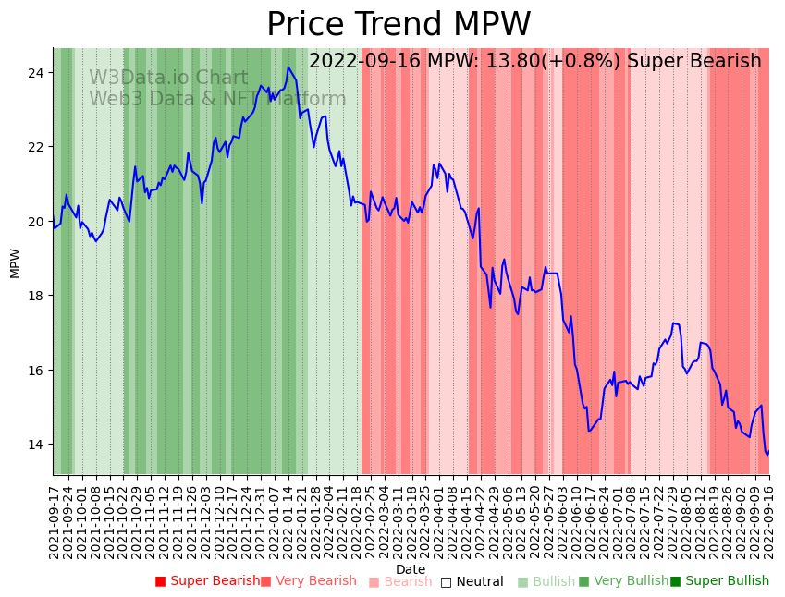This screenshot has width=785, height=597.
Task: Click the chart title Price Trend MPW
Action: pyautogui.click(x=399, y=25)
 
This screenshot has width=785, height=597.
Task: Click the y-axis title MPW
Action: pyautogui.click(x=15, y=262)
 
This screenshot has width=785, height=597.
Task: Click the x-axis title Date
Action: pyautogui.click(x=411, y=569)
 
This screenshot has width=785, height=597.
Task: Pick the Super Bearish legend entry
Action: pyautogui.click(x=208, y=581)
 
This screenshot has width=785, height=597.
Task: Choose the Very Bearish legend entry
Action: pyautogui.click(x=308, y=581)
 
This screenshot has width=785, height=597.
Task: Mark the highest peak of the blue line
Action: pyautogui.click(x=288, y=67)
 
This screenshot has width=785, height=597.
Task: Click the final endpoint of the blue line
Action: pyautogui.click(x=768, y=452)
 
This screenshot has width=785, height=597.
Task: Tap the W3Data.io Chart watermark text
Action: pyautogui.click(x=168, y=78)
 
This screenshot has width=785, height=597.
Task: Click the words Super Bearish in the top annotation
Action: pyautogui.click(x=694, y=61)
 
